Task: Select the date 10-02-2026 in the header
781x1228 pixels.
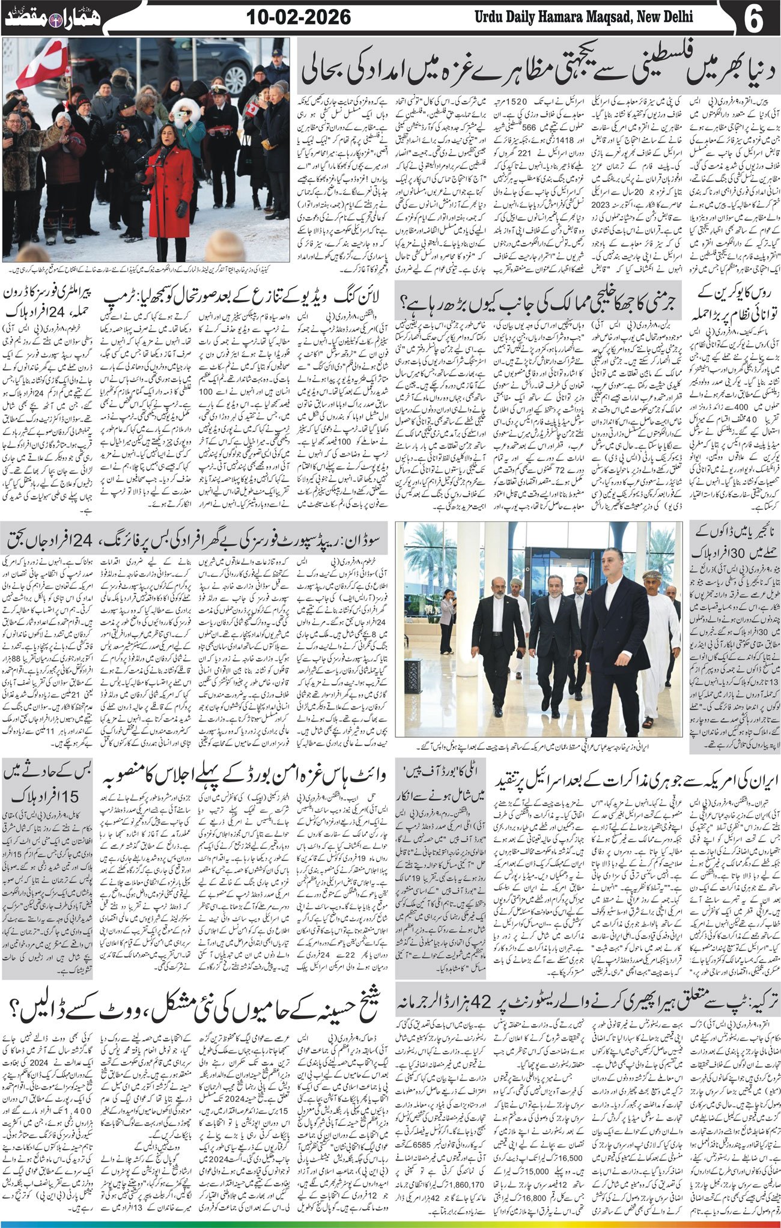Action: pyautogui.click(x=299, y=17)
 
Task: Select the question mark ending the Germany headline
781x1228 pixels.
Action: pyautogui.click(x=404, y=297)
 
